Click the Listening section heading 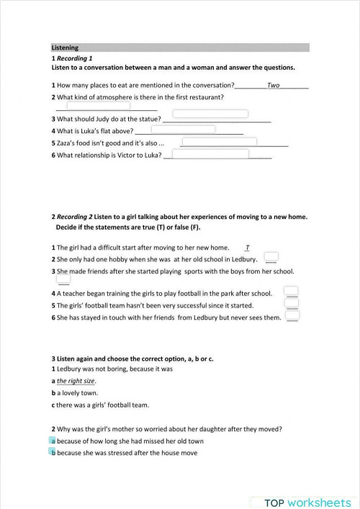point(66,48)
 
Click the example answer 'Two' point(273,85)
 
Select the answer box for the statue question point(210,114)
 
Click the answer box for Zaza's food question point(219,142)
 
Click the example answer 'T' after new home point(247,247)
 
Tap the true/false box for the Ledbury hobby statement point(271,256)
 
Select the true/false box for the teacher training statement point(292,291)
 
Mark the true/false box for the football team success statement point(292,303)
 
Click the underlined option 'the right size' point(76,381)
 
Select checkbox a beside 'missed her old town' point(53,441)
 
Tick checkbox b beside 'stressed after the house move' point(53,453)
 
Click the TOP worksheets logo point(307,501)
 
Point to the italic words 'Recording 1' point(75,58)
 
